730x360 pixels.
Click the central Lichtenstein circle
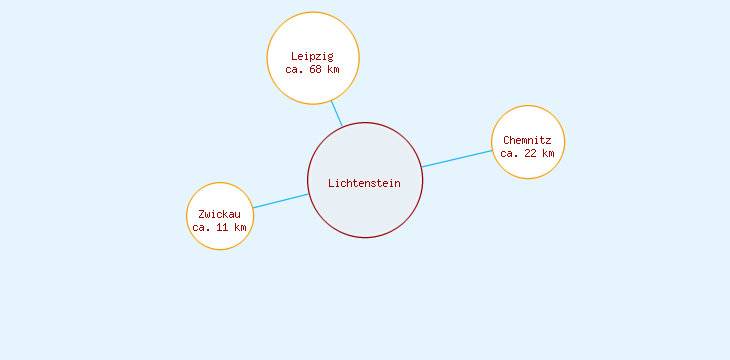365,205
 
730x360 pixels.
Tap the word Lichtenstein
365,183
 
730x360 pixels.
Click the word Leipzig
313,56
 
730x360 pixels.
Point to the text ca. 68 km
313,70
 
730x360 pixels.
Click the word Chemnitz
528,140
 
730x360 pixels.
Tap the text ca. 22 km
528,154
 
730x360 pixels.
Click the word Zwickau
220,214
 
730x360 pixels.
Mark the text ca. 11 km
220,228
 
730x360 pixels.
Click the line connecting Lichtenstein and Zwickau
280,201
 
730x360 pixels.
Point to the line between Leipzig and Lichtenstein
337,114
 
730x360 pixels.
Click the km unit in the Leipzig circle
334,70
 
